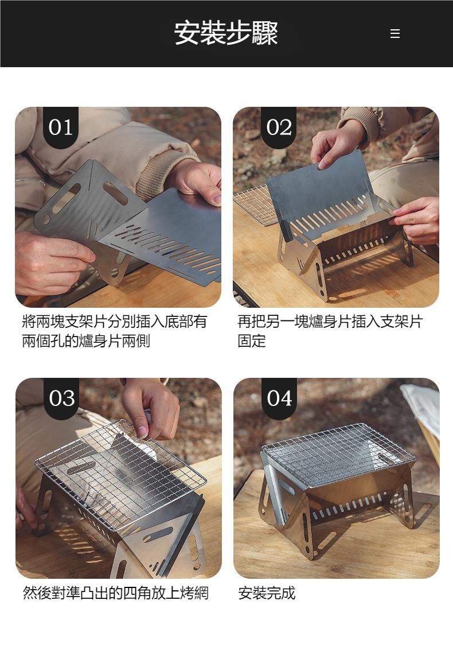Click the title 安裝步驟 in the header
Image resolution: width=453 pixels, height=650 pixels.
(x=226, y=33)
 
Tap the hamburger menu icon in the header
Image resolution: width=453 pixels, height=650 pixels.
(x=395, y=33)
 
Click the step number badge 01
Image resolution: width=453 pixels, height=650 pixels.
(x=60, y=127)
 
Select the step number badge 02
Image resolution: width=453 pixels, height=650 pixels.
(x=279, y=127)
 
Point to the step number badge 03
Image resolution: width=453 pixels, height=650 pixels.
(x=61, y=398)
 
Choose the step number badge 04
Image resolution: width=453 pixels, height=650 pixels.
(x=279, y=398)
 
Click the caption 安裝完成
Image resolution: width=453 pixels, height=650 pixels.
(x=267, y=593)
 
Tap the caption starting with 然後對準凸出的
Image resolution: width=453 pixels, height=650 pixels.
(x=115, y=593)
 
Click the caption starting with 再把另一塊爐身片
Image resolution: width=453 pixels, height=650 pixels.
(x=330, y=331)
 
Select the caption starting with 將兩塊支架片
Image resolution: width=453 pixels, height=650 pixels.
(x=114, y=331)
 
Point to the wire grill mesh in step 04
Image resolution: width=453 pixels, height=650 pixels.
(x=339, y=455)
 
